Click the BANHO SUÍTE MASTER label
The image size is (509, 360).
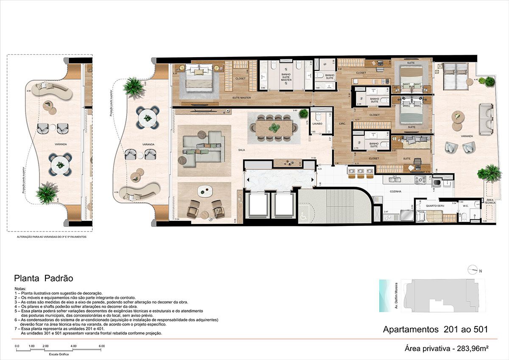(x=286, y=77)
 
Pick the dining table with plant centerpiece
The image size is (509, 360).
(x=274, y=127)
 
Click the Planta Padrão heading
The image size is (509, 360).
(x=44, y=279)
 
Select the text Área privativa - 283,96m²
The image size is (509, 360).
(x=447, y=349)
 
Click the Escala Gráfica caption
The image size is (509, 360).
(x=59, y=353)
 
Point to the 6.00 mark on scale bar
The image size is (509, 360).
(x=102, y=346)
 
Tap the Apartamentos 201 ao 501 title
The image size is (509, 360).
(x=435, y=329)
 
